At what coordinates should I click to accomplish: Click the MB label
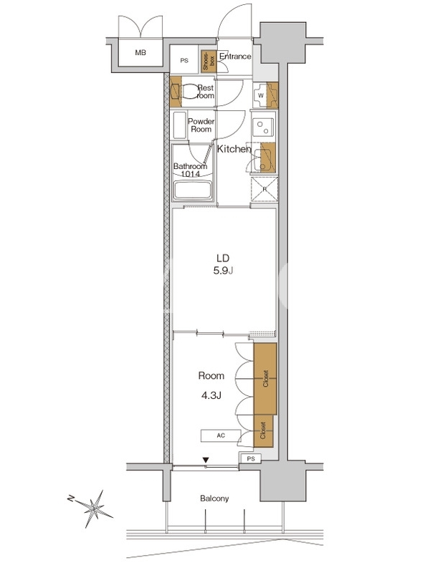click(x=140, y=52)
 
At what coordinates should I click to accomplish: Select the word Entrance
click(x=235, y=57)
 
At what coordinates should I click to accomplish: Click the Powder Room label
click(x=201, y=125)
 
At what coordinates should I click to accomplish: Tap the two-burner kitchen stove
click(x=263, y=127)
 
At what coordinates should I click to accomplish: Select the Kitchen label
click(x=234, y=149)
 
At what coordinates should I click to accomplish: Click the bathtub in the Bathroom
click(x=193, y=190)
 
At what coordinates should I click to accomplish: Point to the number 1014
click(x=191, y=174)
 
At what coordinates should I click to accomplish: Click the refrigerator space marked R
click(x=264, y=189)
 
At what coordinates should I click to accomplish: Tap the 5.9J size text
click(x=224, y=271)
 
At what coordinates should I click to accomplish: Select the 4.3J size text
click(x=211, y=395)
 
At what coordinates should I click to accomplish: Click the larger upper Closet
click(x=265, y=379)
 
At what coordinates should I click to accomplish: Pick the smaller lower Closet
click(x=263, y=430)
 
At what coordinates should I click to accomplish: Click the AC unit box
click(x=221, y=435)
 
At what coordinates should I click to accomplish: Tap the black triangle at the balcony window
click(x=206, y=460)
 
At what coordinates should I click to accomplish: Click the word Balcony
click(x=214, y=499)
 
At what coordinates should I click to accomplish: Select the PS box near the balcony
click(x=250, y=459)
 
